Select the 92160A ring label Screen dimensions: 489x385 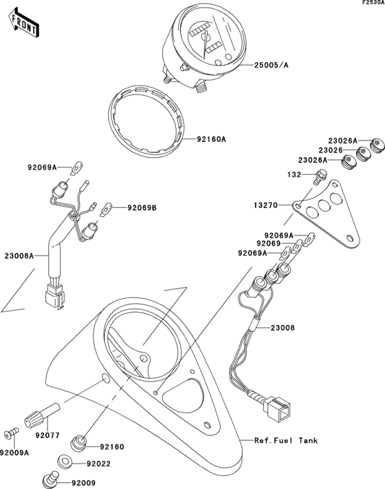pos(212,139)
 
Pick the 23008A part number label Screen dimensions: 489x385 pos(18,256)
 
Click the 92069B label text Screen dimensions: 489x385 pos(142,207)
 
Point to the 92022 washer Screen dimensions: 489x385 pos(65,460)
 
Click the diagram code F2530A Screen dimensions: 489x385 pos(371,4)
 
